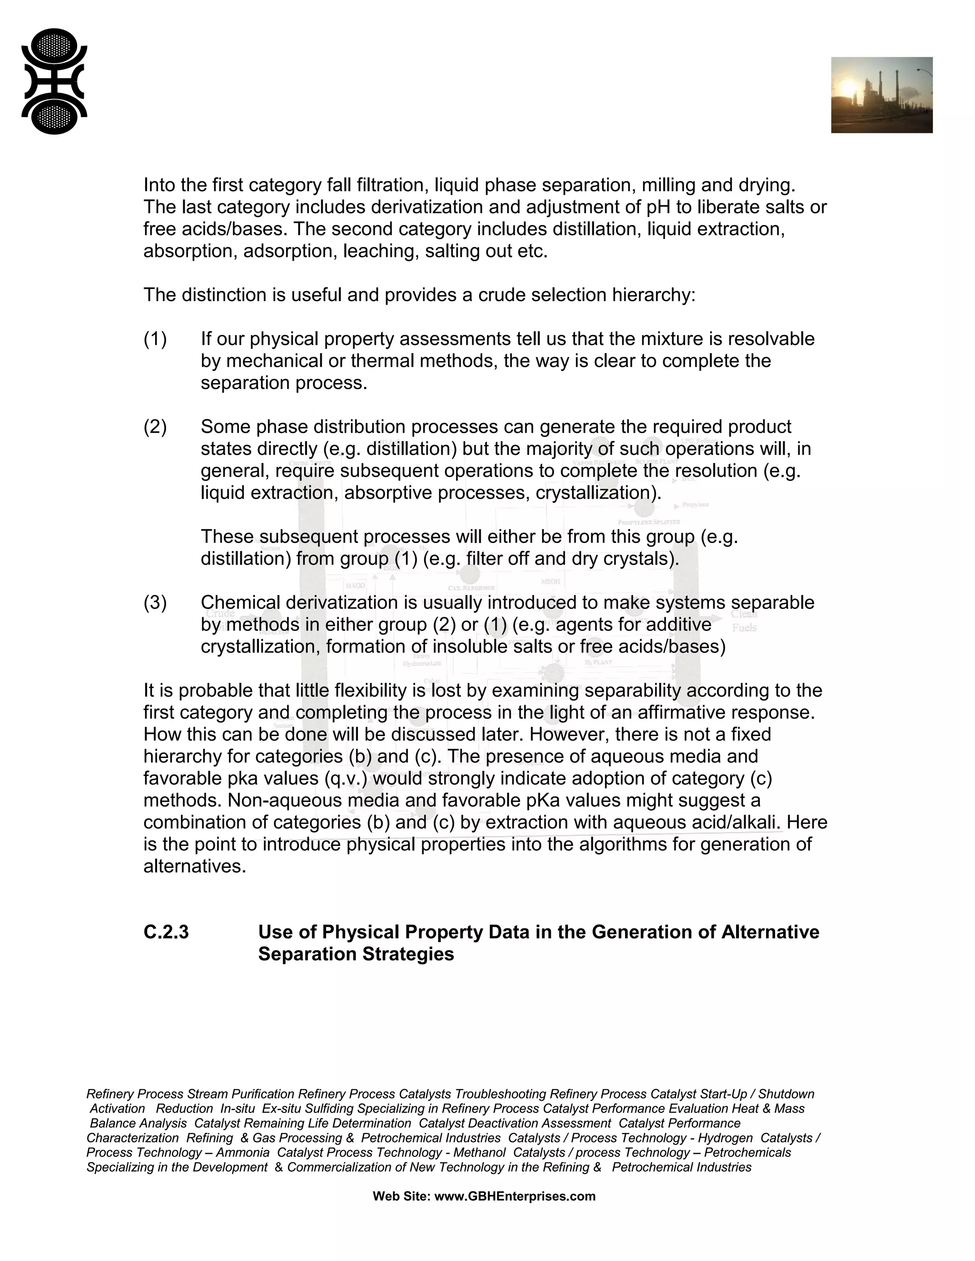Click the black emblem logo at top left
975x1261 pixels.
54,81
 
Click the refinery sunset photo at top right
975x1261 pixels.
881,95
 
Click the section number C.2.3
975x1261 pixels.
166,932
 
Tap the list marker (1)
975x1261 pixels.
155,339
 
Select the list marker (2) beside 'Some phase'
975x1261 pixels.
155,427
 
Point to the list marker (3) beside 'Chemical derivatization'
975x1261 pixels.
155,602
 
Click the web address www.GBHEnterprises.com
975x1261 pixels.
515,1196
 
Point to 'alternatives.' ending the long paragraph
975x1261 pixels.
195,866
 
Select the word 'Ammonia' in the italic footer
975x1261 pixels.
243,1152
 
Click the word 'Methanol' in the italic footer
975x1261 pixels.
479,1152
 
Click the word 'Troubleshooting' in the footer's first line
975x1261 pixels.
500,1094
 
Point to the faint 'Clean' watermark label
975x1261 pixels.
744,613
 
